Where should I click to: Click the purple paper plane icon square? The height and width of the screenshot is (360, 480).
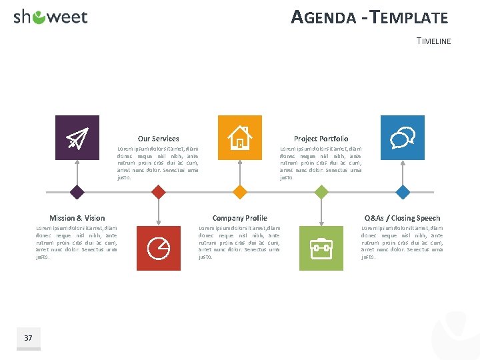click(x=77, y=137)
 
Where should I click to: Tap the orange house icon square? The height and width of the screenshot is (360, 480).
click(x=240, y=137)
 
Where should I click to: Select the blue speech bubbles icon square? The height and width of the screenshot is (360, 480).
click(x=402, y=137)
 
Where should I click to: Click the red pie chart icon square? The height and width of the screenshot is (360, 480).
click(x=158, y=248)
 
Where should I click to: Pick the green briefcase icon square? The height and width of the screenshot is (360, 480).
click(x=321, y=248)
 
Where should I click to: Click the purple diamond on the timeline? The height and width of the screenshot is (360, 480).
click(x=77, y=193)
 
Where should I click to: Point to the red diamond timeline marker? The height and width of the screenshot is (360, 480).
click(x=158, y=193)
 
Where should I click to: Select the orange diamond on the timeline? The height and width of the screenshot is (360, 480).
click(x=240, y=193)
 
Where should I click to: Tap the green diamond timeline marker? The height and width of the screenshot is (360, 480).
click(x=321, y=193)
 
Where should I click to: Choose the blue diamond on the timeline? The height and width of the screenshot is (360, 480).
click(x=403, y=193)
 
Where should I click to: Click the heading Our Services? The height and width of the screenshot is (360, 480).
click(x=158, y=139)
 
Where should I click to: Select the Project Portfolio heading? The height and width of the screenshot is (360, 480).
click(x=321, y=139)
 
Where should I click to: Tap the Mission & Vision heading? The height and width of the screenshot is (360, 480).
click(x=77, y=218)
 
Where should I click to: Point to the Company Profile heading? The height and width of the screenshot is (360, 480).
click(x=239, y=218)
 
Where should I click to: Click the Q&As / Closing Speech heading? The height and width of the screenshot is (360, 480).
click(x=402, y=218)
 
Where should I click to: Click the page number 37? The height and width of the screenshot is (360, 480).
click(x=28, y=338)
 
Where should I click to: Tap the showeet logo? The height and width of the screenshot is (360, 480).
click(x=51, y=17)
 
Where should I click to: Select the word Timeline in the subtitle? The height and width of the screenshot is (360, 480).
click(x=433, y=41)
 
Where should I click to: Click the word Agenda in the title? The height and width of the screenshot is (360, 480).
click(x=323, y=18)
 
